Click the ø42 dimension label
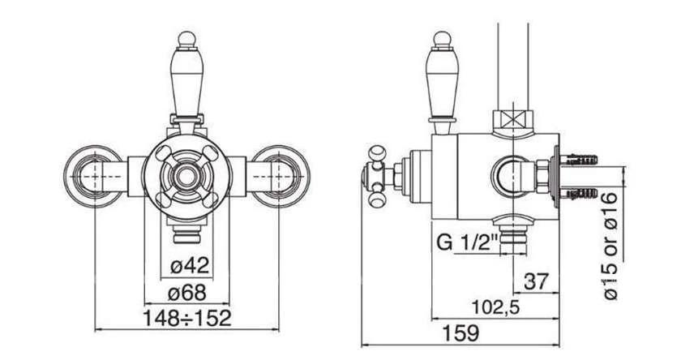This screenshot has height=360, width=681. click(x=190, y=265)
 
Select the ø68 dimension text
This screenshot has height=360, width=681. click(x=186, y=294)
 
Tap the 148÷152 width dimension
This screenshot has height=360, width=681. click(x=187, y=319)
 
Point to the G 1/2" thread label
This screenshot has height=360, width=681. click(x=467, y=242)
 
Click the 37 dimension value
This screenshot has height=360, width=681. click(x=537, y=281)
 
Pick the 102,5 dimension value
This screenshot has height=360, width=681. click(x=495, y=308)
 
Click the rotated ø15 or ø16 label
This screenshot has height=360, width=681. click(x=610, y=246)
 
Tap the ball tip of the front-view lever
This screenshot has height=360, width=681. click(x=187, y=39)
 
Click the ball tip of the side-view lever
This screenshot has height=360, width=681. click(x=443, y=39)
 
